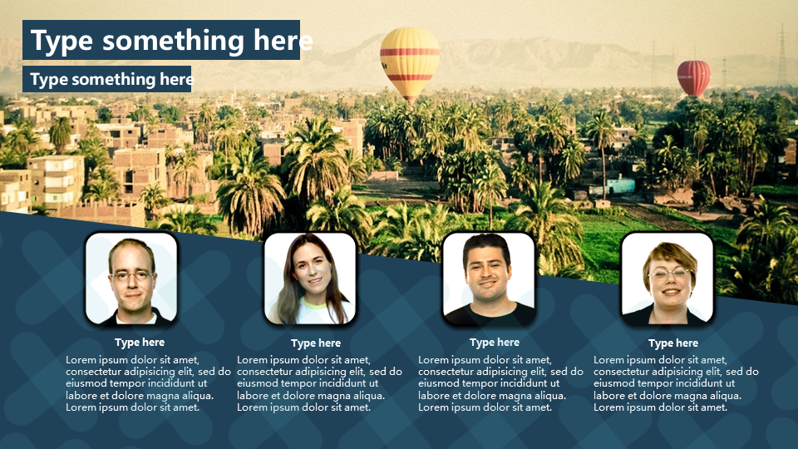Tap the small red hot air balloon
pyautogui.click(x=693, y=78)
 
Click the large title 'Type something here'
pyautogui.click(x=171, y=40)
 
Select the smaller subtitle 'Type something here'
pyautogui.click(x=112, y=79)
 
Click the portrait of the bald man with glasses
pyautogui.click(x=131, y=279)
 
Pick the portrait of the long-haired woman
pyautogui.click(x=310, y=279)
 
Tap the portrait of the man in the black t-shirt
pyautogui.click(x=489, y=279)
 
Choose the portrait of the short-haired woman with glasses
pyautogui.click(x=667, y=279)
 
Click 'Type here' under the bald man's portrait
pyautogui.click(x=140, y=343)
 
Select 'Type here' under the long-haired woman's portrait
pyautogui.click(x=316, y=343)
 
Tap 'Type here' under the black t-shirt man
pyautogui.click(x=495, y=343)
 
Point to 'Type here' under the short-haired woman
pyautogui.click(x=673, y=343)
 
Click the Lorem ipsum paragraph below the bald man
pyautogui.click(x=148, y=383)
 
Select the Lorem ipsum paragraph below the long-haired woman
pyautogui.click(x=319, y=383)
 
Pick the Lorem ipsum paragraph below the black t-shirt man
pyautogui.click(x=500, y=383)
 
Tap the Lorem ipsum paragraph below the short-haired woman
pyautogui.click(x=676, y=383)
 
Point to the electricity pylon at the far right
pyautogui.click(x=782, y=55)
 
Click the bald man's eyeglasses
pyautogui.click(x=132, y=276)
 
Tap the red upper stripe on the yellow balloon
pyautogui.click(x=410, y=52)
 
